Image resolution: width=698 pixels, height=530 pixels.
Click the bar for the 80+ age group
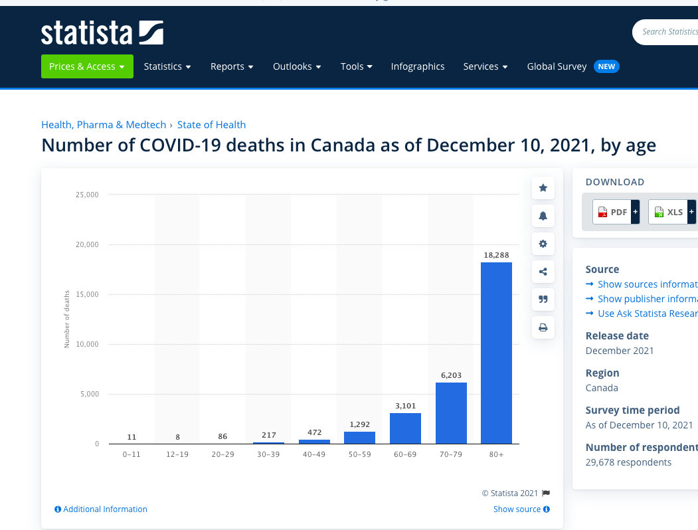tap(496, 353)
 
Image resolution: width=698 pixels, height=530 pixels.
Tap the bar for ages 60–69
tap(405, 428)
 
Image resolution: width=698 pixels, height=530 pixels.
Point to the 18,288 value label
tap(496, 255)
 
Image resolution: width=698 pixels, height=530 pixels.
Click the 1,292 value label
tap(359, 424)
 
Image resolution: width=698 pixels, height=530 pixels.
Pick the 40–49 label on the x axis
tap(314, 454)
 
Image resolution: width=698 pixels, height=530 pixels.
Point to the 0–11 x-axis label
tap(131, 454)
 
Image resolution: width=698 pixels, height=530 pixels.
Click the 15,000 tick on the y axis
tap(87, 294)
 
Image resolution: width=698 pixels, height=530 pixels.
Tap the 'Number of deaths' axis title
tap(66, 319)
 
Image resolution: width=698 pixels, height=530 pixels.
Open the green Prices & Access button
tap(87, 66)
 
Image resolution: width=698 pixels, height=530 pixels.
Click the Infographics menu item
tap(418, 66)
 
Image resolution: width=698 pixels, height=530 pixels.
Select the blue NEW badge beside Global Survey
tap(606, 66)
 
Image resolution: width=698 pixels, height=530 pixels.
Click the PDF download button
tap(612, 212)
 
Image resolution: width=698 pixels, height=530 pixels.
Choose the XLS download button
tap(667, 212)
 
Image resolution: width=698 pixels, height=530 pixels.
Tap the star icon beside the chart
tap(543, 188)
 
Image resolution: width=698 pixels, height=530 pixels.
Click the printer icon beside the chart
tap(543, 327)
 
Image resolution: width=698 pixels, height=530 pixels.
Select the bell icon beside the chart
tap(543, 216)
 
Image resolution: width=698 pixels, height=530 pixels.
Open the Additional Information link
tap(101, 509)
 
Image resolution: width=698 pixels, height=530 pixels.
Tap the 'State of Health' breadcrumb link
tap(211, 125)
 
